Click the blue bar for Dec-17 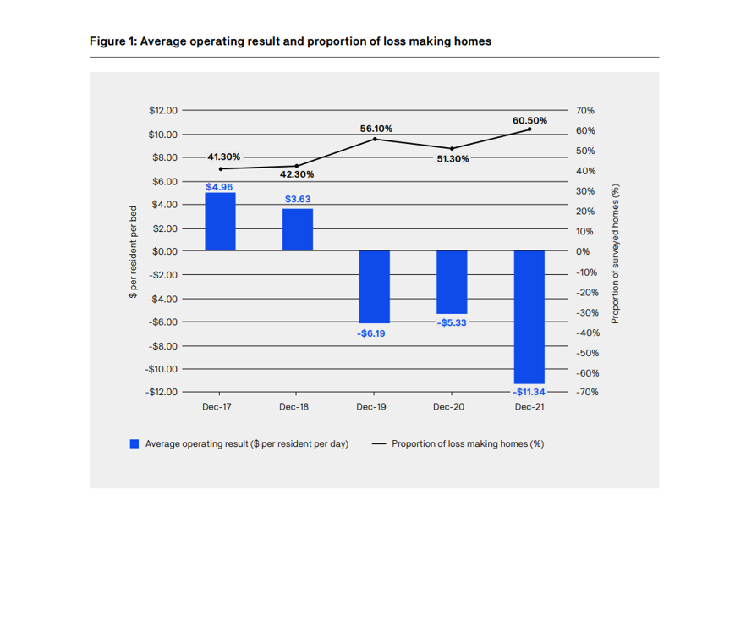[x=220, y=222]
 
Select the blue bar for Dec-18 [x=297, y=229]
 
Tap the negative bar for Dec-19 [x=374, y=287]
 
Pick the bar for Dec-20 [x=452, y=282]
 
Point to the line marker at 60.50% [x=529, y=129]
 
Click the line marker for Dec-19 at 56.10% [x=375, y=139]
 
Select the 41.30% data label [x=223, y=157]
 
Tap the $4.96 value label [x=219, y=186]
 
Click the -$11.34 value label [x=529, y=392]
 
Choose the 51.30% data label [x=453, y=158]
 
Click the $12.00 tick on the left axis [x=162, y=110]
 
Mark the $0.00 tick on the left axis [x=164, y=251]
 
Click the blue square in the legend [x=134, y=443]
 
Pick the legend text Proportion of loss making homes [x=468, y=443]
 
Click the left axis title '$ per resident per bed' [x=133, y=251]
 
